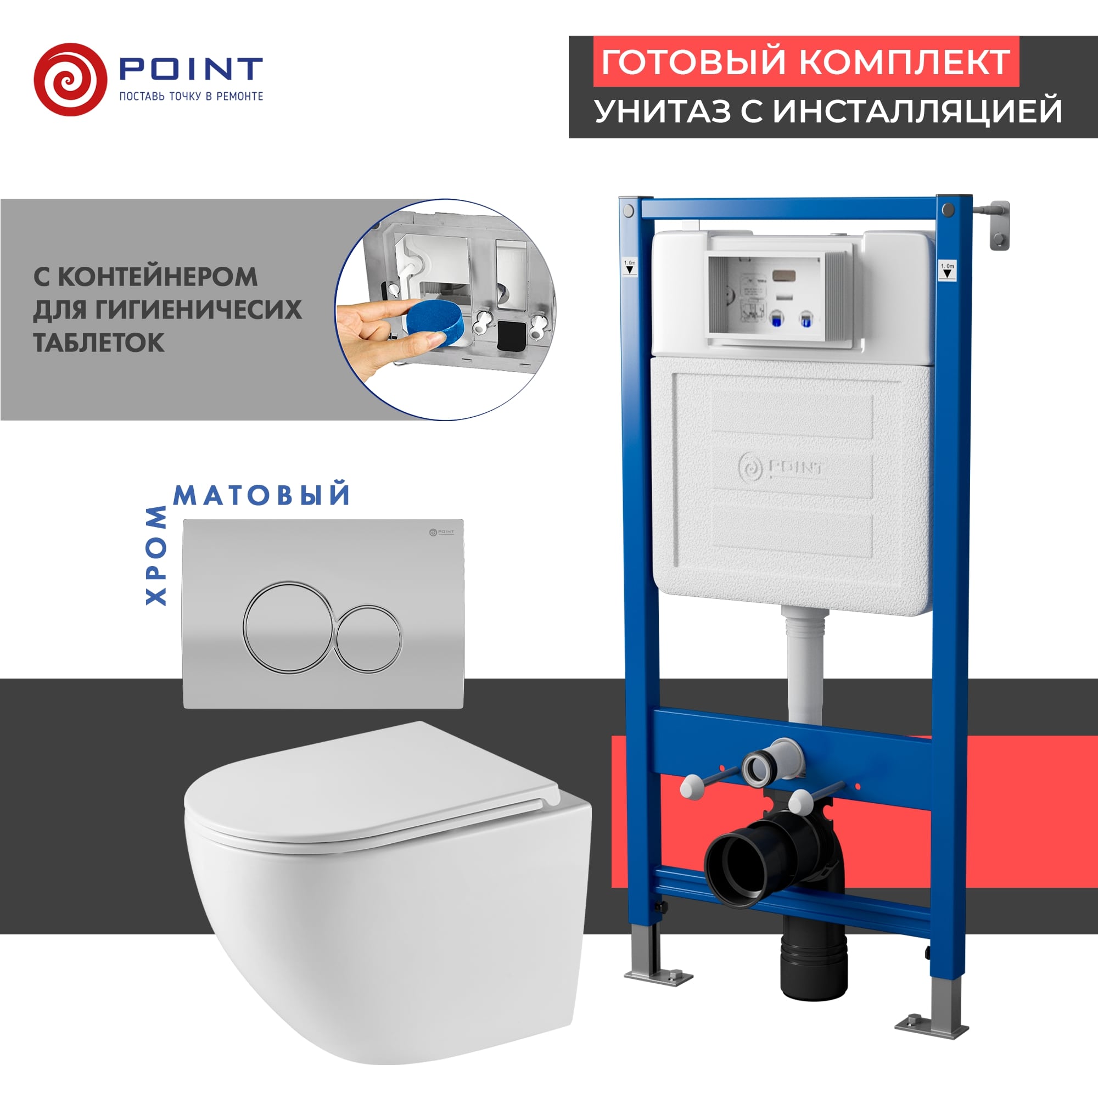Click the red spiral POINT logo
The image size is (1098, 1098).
click(x=70, y=80)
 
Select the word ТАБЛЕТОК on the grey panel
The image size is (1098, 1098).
click(x=99, y=343)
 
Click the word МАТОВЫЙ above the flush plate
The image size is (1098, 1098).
click(x=262, y=496)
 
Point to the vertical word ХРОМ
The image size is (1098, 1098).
click(x=156, y=555)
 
